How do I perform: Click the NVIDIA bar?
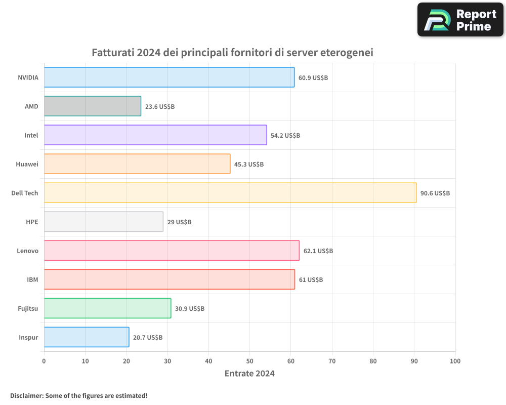tap(169, 77)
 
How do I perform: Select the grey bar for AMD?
tap(92, 106)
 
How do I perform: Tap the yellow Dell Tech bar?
tap(230, 193)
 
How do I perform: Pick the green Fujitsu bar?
tap(107, 308)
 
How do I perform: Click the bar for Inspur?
tap(86, 337)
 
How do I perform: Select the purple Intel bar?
tap(155, 135)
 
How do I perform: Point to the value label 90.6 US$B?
tap(435, 193)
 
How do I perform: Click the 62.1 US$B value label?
tap(318, 251)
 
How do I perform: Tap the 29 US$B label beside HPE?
tap(179, 222)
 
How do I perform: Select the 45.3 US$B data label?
tap(249, 165)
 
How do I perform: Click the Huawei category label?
tap(27, 164)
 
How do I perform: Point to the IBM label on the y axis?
tap(32, 279)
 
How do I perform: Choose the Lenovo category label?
tap(27, 251)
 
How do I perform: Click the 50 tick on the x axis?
tap(249, 361)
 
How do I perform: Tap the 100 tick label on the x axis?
tap(455, 361)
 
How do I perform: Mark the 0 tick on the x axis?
tap(44, 361)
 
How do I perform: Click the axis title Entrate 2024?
tap(249, 374)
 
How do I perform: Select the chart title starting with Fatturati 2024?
tap(232, 53)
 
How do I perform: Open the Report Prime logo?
tap(460, 20)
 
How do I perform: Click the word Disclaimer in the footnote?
tap(26, 395)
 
